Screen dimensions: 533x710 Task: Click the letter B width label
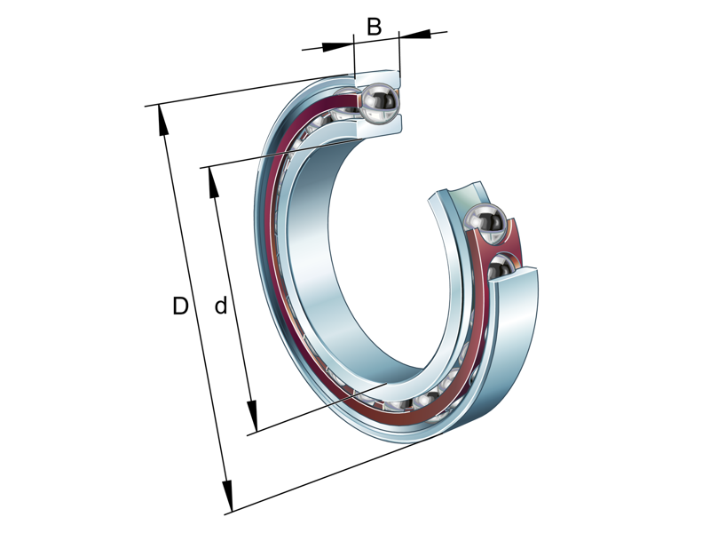[x=374, y=27]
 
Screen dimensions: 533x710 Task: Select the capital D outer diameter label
[x=180, y=307]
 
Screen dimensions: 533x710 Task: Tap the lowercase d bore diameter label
[x=221, y=307]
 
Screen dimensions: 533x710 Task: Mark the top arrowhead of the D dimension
[x=162, y=121]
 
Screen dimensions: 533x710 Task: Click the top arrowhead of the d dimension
[x=213, y=183]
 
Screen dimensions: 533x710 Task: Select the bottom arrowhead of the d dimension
[x=252, y=418]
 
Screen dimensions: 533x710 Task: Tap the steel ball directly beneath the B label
[x=379, y=104]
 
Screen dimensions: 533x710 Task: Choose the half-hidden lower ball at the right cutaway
[x=503, y=266]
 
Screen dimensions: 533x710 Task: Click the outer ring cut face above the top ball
[x=378, y=77]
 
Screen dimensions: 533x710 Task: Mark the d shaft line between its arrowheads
[x=233, y=302]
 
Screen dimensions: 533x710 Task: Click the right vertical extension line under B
[x=399, y=57]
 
